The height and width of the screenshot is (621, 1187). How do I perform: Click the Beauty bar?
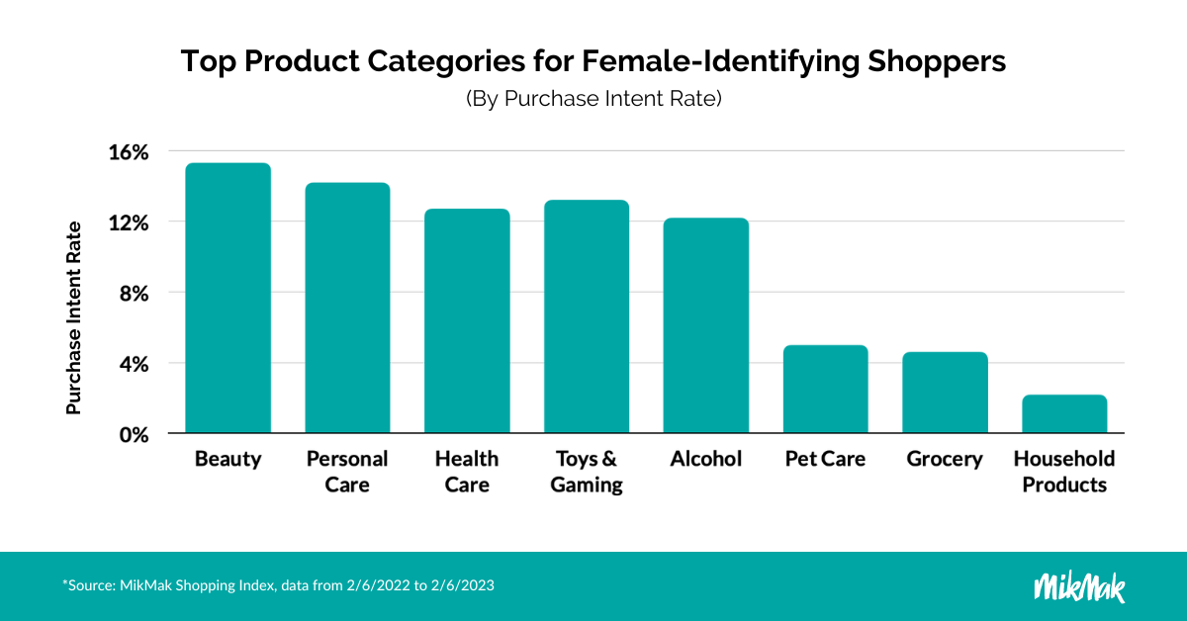pyautogui.click(x=228, y=299)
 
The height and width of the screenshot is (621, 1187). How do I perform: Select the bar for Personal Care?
pyautogui.click(x=347, y=309)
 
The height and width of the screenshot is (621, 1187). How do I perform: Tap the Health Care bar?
pyautogui.click(x=467, y=321)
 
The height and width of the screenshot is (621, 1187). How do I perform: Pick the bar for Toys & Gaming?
pyautogui.click(x=587, y=317)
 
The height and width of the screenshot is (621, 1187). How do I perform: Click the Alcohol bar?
pyautogui.click(x=705, y=326)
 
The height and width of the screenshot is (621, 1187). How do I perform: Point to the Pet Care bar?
pyautogui.click(x=825, y=390)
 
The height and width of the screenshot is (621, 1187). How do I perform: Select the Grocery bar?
pyautogui.click(x=945, y=394)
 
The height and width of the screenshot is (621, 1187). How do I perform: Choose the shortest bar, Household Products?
pyautogui.click(x=1064, y=414)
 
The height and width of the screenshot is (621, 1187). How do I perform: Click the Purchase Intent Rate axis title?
pyautogui.click(x=73, y=316)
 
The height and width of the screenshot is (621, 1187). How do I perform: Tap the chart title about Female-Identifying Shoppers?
pyautogui.click(x=593, y=61)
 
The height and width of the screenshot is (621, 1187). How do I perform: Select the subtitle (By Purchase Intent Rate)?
pyautogui.click(x=593, y=100)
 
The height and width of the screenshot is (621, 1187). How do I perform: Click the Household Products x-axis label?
pyautogui.click(x=1064, y=472)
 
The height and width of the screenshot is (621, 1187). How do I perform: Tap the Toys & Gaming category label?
pyautogui.click(x=587, y=472)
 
